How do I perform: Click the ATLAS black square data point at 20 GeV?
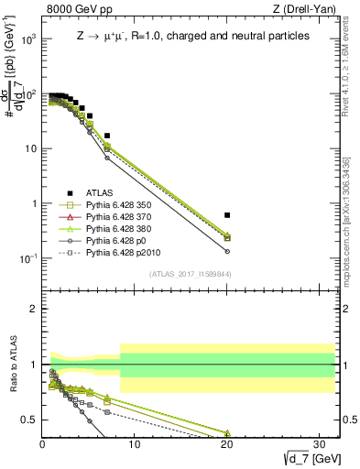227,214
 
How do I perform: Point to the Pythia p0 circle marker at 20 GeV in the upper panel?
227,251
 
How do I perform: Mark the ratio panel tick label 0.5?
29,420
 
